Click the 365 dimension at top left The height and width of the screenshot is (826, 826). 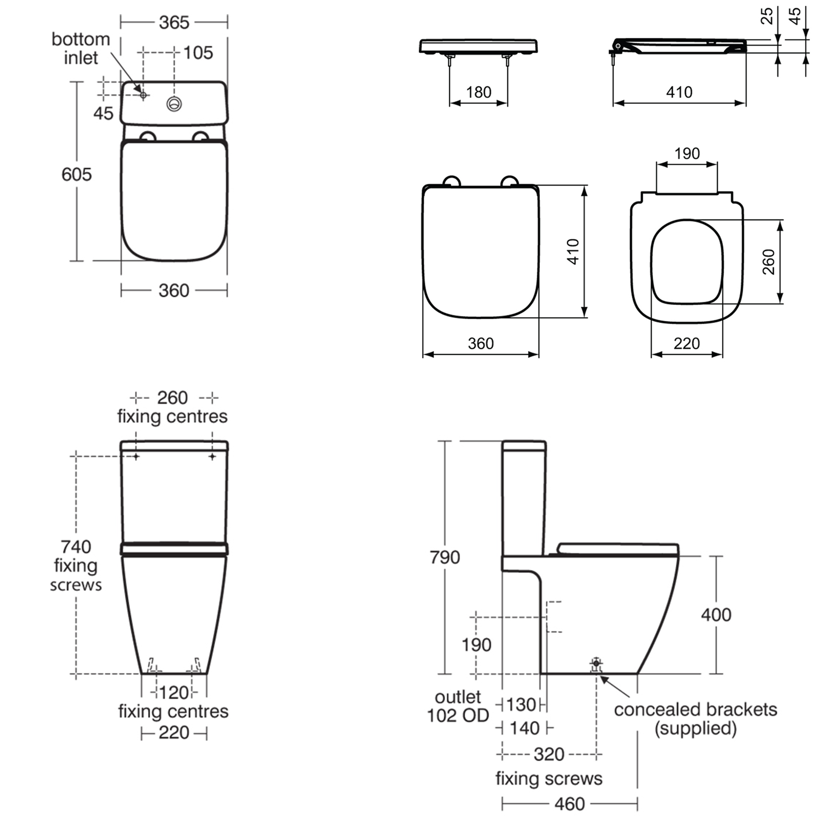[174, 22]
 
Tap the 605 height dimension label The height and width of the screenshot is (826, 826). [76, 174]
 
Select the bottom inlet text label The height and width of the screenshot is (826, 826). [80, 48]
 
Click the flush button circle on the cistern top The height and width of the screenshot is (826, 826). [174, 104]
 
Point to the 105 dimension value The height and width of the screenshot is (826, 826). [198, 53]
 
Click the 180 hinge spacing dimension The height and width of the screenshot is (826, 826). [478, 92]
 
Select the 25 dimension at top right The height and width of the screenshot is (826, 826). [767, 16]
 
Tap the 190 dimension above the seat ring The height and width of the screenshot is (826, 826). [687, 154]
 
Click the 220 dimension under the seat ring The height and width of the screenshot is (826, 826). [687, 343]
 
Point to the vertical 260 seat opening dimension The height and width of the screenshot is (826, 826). [768, 261]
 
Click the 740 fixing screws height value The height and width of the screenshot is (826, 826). [76, 547]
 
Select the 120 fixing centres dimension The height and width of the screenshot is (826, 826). [174, 693]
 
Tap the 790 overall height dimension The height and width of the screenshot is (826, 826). [445, 557]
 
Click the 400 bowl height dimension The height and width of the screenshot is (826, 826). [716, 615]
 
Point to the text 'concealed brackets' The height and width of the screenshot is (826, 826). [695, 710]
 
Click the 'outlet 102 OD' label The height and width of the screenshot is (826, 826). [458, 706]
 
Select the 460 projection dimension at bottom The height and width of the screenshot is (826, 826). [570, 804]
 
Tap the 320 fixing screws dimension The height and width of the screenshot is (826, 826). [549, 755]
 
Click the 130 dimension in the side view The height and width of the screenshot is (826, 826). [521, 705]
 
